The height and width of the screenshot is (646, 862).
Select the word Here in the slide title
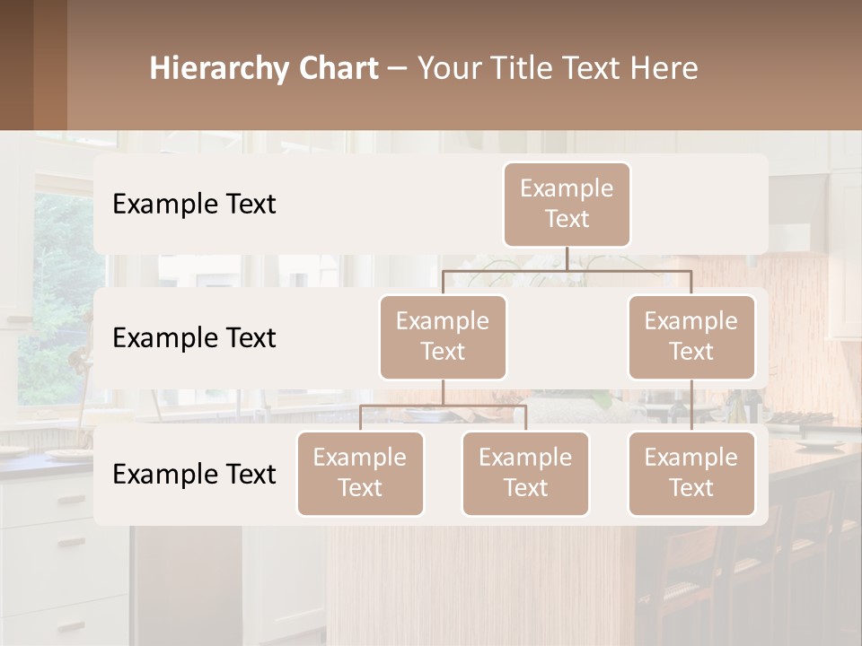664,69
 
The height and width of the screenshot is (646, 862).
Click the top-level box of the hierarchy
567,204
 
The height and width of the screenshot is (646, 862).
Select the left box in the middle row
443,336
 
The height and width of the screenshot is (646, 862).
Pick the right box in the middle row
691,336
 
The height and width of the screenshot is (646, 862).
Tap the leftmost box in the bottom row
360,473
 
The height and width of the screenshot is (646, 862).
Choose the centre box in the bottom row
525,473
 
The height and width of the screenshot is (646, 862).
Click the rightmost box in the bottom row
691,473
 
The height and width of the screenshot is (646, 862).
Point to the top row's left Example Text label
194,205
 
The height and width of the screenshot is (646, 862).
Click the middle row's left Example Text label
194,338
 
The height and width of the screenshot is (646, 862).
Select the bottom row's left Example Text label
194,475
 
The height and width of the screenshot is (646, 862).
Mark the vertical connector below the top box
567,258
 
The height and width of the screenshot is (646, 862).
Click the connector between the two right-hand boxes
691,406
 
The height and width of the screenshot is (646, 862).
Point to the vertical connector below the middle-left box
443,392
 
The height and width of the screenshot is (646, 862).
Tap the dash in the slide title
397,69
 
